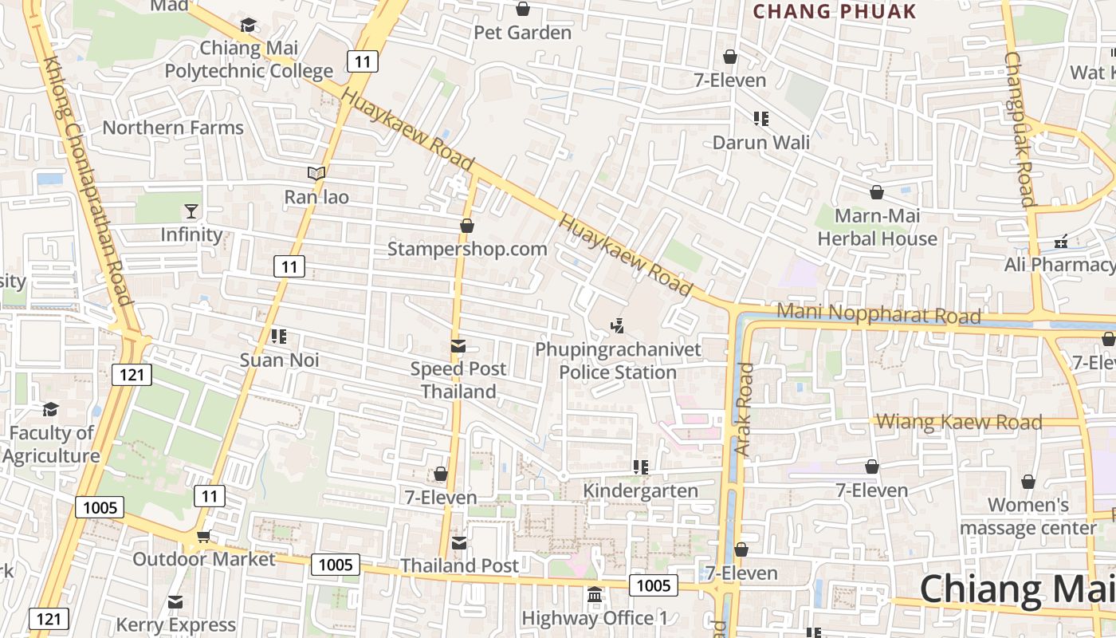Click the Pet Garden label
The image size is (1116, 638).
click(x=523, y=33)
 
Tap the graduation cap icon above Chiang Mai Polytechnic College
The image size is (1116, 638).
click(x=249, y=26)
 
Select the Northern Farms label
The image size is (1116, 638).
click(x=173, y=128)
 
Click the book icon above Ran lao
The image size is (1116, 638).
click(x=316, y=173)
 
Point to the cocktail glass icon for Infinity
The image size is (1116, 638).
click(x=191, y=211)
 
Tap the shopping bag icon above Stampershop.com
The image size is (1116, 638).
click(x=467, y=226)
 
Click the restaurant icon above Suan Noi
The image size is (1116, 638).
click(x=279, y=337)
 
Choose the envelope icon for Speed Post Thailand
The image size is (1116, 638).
click(x=458, y=346)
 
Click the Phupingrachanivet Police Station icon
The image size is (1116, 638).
click(x=617, y=325)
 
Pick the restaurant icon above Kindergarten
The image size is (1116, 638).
click(x=641, y=467)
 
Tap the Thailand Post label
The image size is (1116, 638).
click(x=459, y=565)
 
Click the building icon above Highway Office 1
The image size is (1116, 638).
click(x=595, y=595)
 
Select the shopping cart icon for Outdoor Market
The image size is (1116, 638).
click(x=203, y=537)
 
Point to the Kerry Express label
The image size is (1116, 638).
click(x=176, y=624)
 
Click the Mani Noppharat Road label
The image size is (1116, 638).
click(x=878, y=313)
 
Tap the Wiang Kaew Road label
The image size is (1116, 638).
click(x=959, y=422)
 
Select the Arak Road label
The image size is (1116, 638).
click(x=744, y=409)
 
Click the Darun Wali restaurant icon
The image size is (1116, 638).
click(x=761, y=119)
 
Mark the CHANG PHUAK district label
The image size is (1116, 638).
click(x=835, y=11)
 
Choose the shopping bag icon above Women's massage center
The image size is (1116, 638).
click(x=1028, y=482)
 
